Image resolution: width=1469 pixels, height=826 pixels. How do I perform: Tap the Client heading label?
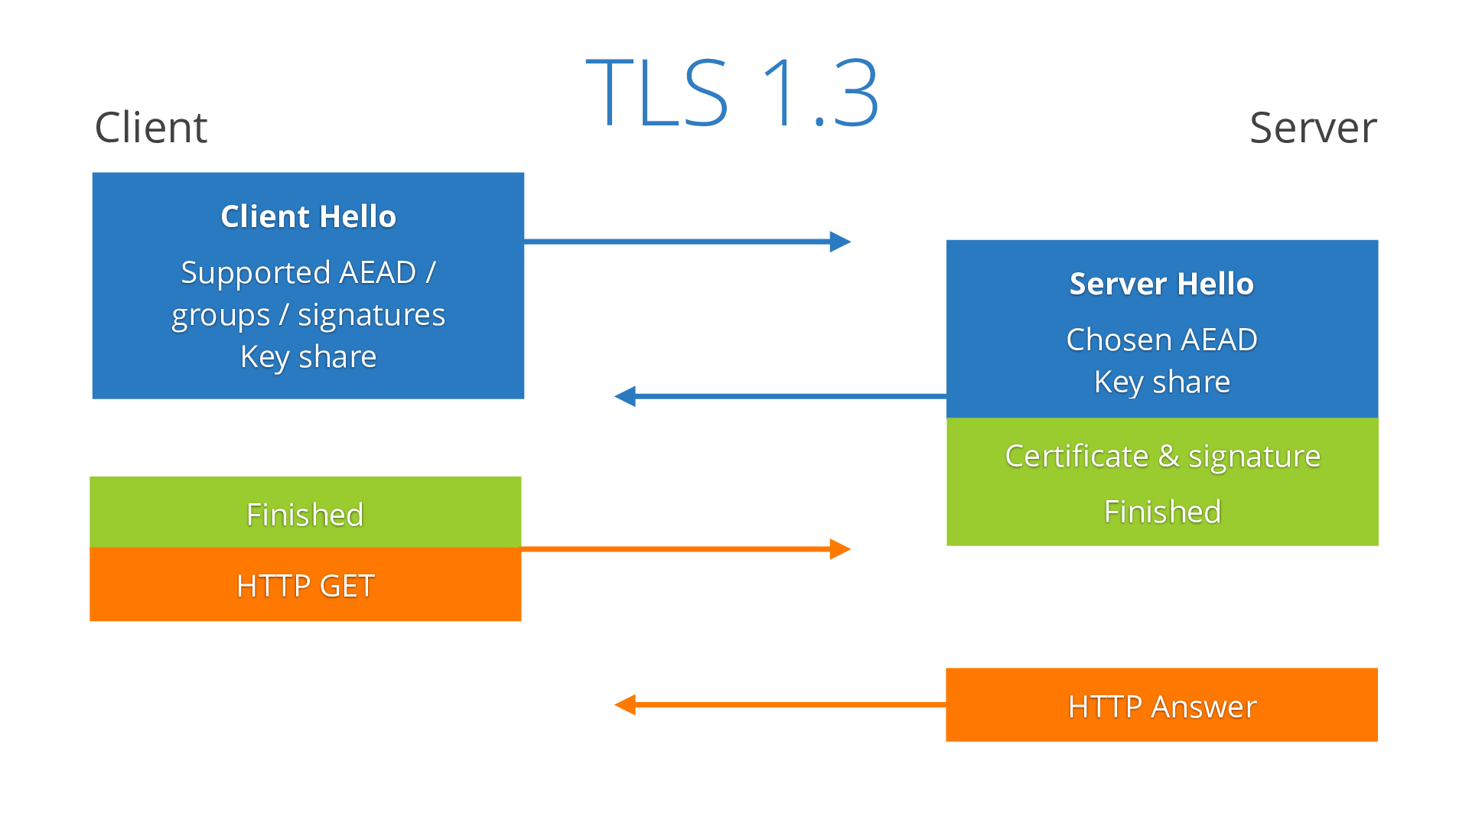click(x=151, y=127)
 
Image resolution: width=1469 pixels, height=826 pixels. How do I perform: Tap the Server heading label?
click(x=1313, y=127)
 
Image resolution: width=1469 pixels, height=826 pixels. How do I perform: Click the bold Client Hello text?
click(x=308, y=216)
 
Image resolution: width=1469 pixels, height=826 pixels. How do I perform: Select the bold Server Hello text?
click(x=1161, y=284)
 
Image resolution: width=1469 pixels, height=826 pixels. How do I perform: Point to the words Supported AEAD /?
click(x=308, y=272)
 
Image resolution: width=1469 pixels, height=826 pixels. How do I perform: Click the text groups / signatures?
click(x=308, y=315)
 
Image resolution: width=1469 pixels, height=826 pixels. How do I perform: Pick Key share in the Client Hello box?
click(x=308, y=356)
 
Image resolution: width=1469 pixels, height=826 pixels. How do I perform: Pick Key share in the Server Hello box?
click(x=1161, y=382)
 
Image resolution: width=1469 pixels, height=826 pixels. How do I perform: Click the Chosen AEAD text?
click(x=1161, y=340)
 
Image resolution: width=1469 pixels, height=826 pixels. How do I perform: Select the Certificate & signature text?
click(x=1162, y=456)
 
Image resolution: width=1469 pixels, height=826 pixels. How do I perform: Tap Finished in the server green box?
click(x=1162, y=512)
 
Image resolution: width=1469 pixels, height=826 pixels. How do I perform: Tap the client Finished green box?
click(x=305, y=513)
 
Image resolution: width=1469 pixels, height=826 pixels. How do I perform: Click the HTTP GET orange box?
click(x=305, y=585)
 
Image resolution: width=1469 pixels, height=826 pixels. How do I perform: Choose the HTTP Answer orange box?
click(x=1161, y=705)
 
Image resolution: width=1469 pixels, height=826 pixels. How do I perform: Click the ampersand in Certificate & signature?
click(x=1168, y=456)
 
